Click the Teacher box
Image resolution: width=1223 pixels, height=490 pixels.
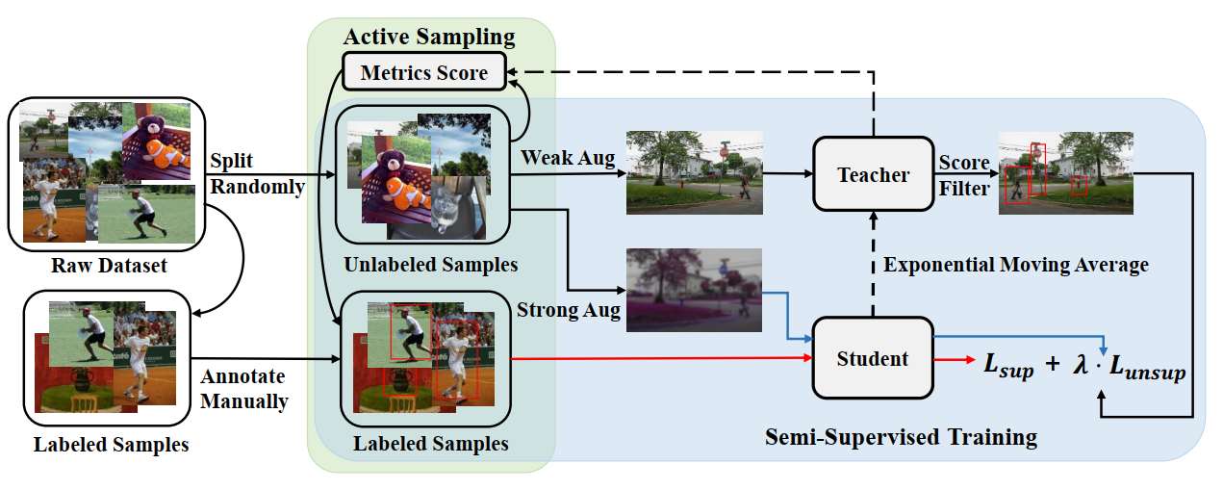pyautogui.click(x=873, y=174)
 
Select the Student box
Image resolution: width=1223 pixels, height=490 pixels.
pyautogui.click(x=872, y=359)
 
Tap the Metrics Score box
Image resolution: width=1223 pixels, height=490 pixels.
pyautogui.click(x=423, y=72)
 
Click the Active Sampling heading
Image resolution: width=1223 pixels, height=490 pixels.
pyautogui.click(x=429, y=39)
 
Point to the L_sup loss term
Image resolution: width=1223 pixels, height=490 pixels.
pyautogui.click(x=1007, y=367)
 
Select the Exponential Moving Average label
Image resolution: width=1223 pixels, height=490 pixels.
pyautogui.click(x=1015, y=265)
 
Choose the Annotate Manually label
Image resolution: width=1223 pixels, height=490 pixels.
pyautogui.click(x=244, y=389)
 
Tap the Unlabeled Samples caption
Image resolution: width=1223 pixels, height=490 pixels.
pyautogui.click(x=430, y=265)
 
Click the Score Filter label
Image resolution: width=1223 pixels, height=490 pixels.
pyautogui.click(x=964, y=175)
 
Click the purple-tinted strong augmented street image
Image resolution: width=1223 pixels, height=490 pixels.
pyautogui.click(x=694, y=290)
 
